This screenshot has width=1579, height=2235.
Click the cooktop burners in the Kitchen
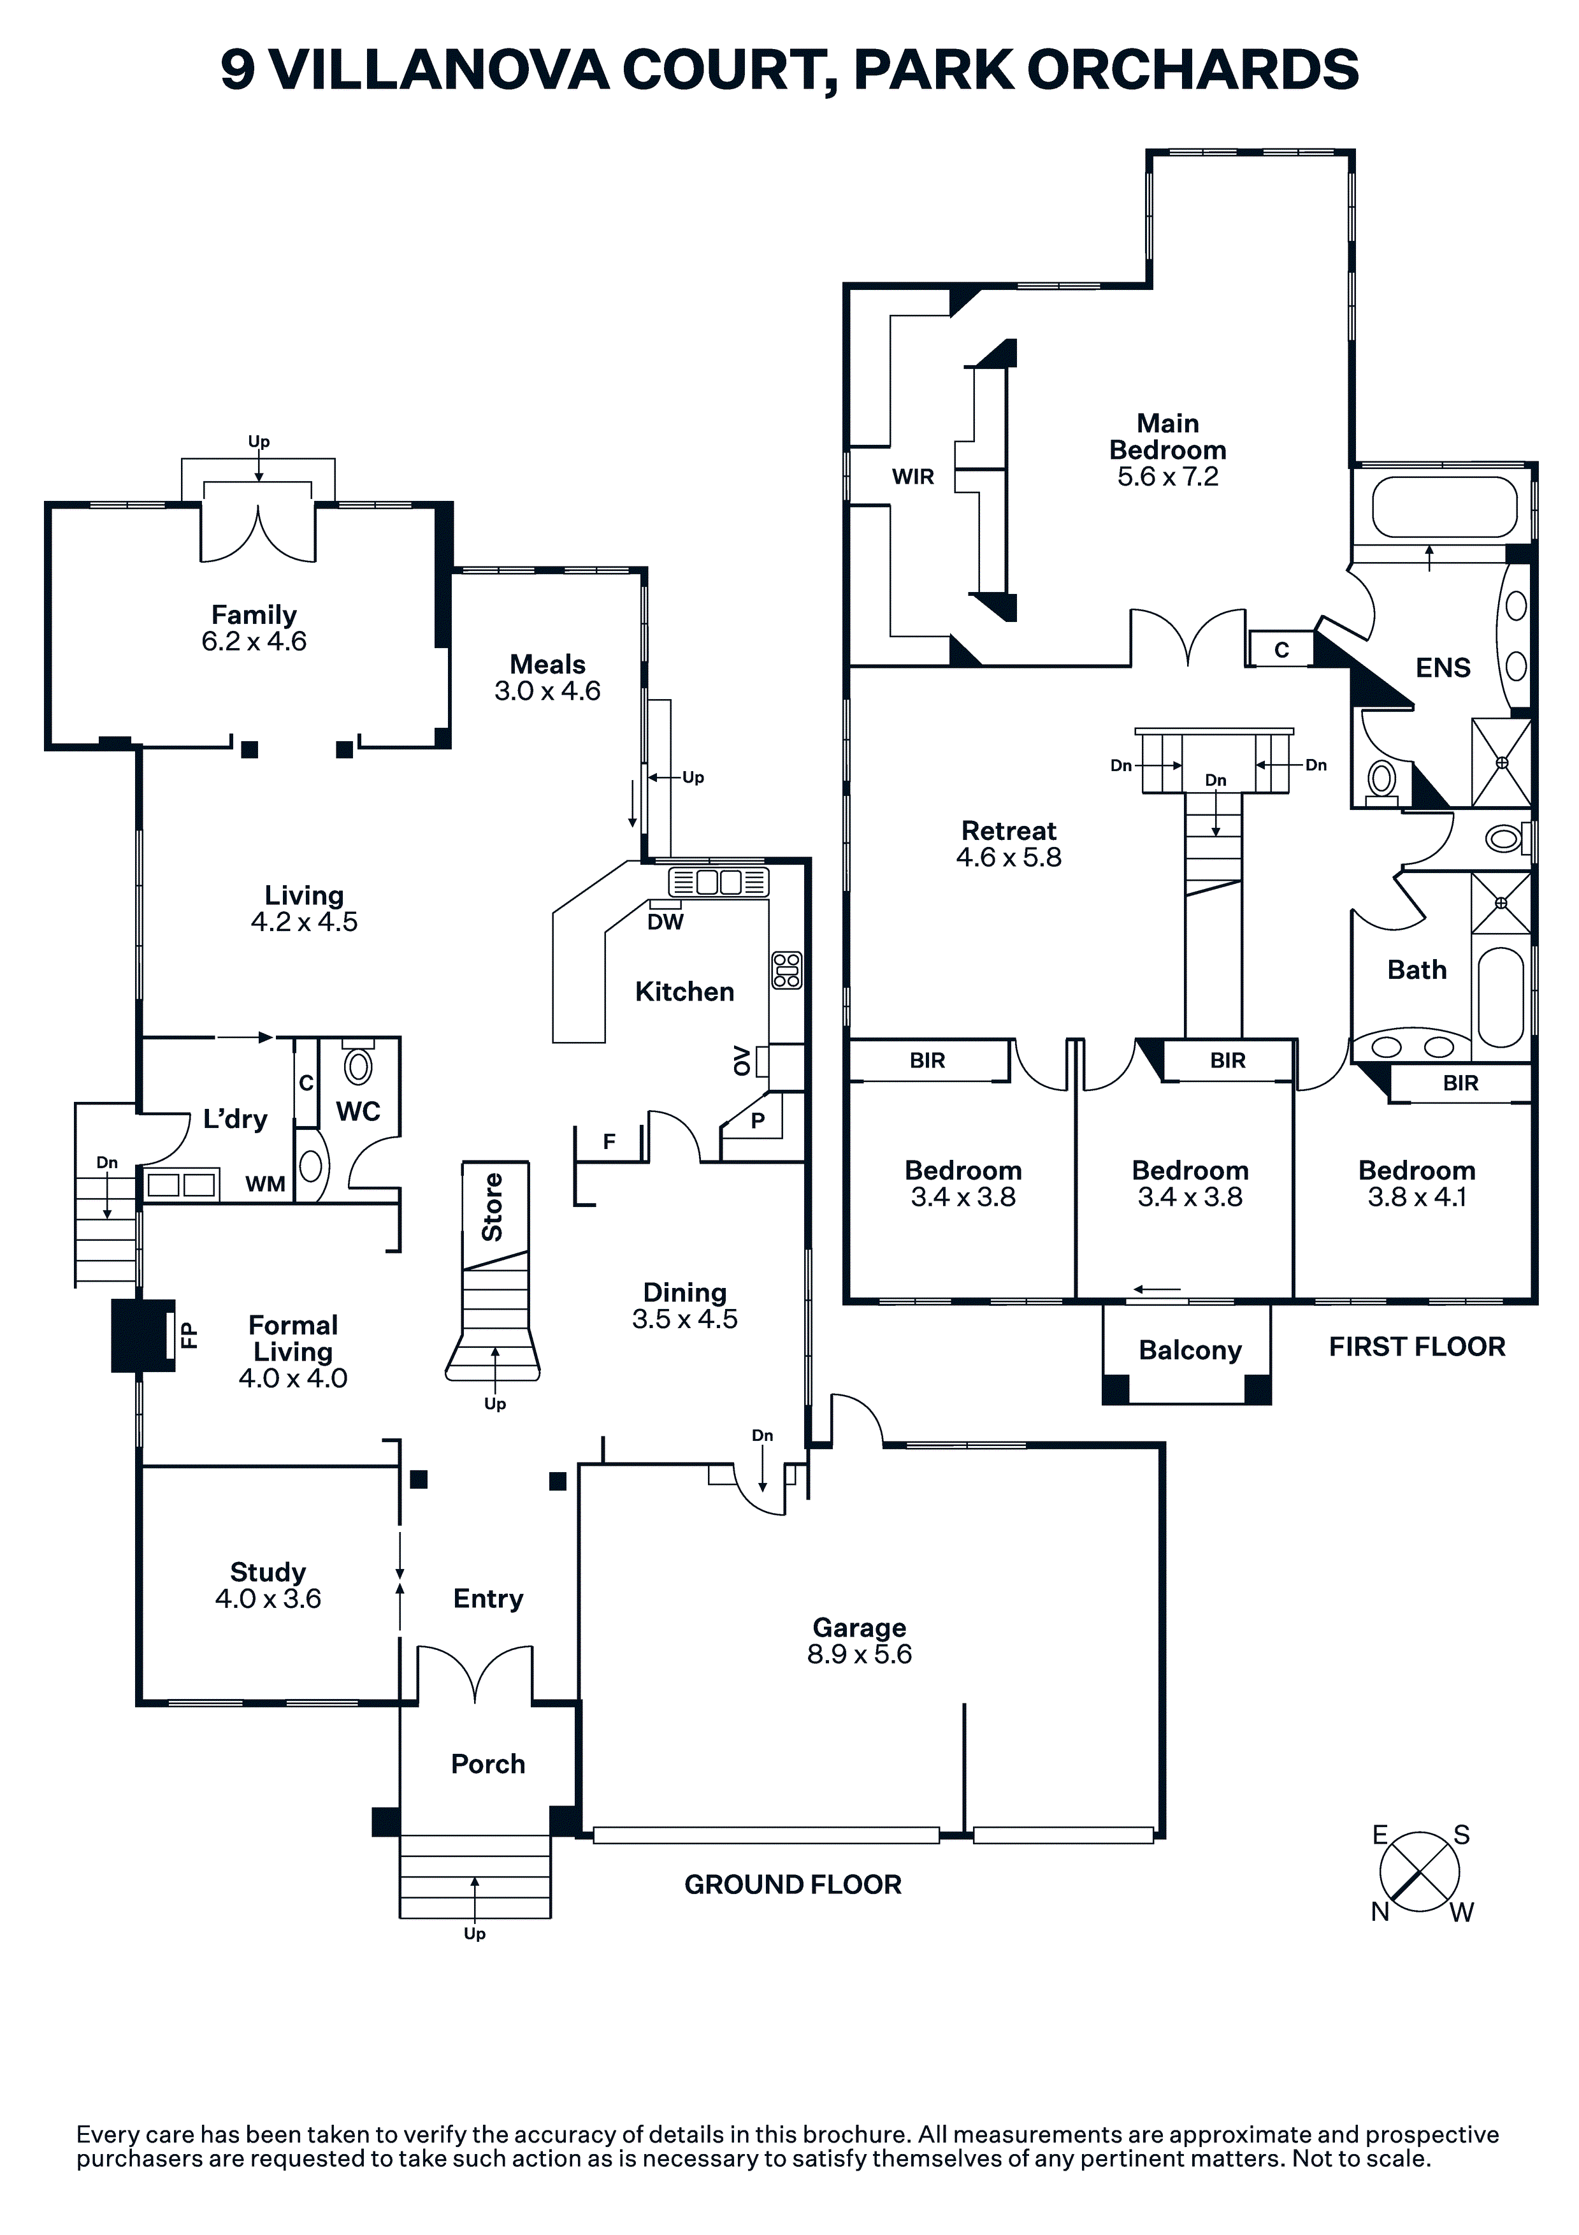786,969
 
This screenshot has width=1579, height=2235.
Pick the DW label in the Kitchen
666,922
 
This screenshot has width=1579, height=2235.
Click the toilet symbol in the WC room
358,1066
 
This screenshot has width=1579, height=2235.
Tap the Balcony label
1190,1350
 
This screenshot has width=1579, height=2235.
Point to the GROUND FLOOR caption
793,1884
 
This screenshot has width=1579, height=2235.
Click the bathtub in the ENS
1444,507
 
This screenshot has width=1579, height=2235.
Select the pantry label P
758,1120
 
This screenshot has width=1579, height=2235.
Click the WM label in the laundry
265,1183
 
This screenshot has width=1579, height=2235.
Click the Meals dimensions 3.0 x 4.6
547,690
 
